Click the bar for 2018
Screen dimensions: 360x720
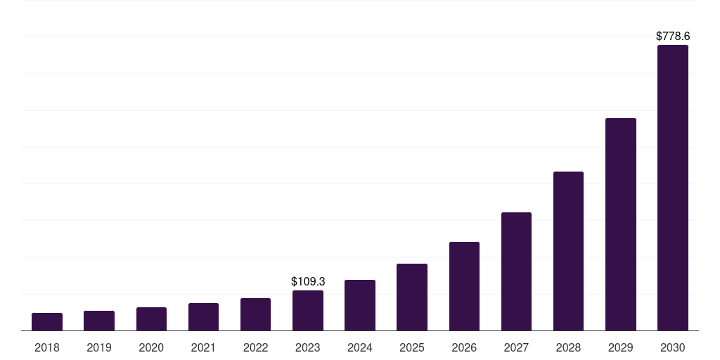[47, 322]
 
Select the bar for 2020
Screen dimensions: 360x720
[151, 319]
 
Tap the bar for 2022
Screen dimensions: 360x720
[255, 314]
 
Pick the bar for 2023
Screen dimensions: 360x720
[308, 311]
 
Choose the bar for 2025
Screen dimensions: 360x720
[412, 297]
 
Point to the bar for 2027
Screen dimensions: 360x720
[516, 271]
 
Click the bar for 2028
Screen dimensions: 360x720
[568, 251]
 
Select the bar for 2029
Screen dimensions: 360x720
[621, 224]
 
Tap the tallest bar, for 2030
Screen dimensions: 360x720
[673, 188]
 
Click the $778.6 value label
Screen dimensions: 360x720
[673, 36]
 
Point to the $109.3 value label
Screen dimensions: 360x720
[308, 281]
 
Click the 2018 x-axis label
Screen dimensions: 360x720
[47, 347]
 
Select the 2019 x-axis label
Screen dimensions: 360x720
[99, 347]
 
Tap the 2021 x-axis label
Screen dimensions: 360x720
[203, 347]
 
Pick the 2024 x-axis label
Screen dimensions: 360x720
[360, 347]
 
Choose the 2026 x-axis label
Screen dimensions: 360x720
[464, 347]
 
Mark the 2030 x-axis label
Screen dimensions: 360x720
[673, 347]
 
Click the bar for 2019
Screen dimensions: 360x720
[99, 321]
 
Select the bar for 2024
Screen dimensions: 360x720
[360, 305]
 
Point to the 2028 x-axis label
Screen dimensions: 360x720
[568, 347]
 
